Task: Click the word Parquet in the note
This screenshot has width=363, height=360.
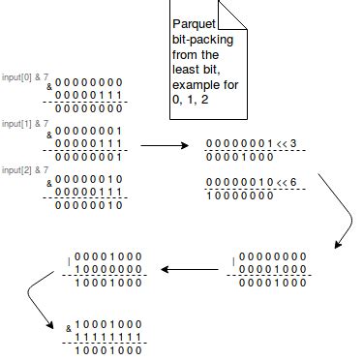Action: [x=195, y=22]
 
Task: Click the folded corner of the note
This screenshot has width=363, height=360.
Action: [x=233, y=14]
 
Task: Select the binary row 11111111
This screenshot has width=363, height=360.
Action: [x=108, y=339]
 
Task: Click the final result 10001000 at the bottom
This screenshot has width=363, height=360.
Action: [x=108, y=352]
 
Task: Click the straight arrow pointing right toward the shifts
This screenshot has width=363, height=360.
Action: [x=165, y=145]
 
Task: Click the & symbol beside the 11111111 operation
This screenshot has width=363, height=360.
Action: [x=69, y=328]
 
